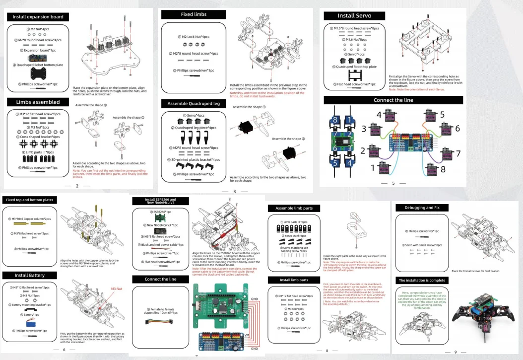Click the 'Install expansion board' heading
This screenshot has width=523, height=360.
point(35,17)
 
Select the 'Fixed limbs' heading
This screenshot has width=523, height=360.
point(194,14)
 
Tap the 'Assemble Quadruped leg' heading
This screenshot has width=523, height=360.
point(194,104)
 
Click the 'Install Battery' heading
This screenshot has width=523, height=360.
point(30,275)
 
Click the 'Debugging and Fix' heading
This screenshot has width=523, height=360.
point(422,208)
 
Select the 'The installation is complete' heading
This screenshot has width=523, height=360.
point(422,281)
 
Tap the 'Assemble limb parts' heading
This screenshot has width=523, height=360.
point(294,208)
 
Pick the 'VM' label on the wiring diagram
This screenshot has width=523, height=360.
point(247,336)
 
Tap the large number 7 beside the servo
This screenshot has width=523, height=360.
point(458,153)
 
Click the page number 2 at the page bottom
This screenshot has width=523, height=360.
point(77,186)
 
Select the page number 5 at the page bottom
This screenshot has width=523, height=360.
point(393,183)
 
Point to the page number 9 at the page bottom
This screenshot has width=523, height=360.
point(455,352)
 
